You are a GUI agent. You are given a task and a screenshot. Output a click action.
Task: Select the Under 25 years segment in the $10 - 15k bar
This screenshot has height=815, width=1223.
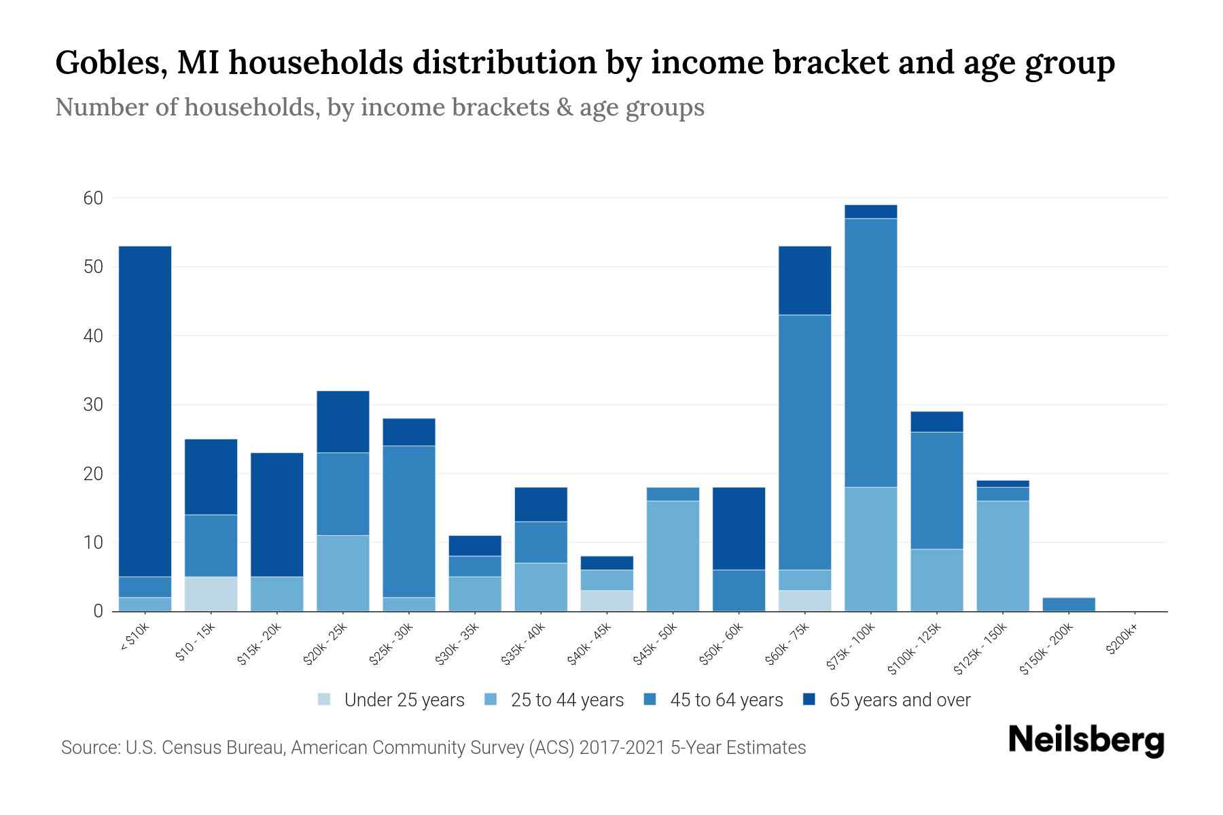211,594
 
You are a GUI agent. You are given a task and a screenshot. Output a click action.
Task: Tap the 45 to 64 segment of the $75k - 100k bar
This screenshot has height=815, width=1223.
870,352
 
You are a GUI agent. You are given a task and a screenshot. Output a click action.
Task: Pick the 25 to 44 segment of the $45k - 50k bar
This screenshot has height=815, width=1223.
673,556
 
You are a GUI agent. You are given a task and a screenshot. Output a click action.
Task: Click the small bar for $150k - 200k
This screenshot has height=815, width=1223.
1068,604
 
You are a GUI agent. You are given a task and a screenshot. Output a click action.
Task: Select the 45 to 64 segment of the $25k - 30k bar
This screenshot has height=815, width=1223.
409,521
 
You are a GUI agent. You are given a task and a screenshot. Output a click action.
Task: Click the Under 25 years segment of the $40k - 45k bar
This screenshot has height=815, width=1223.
607,600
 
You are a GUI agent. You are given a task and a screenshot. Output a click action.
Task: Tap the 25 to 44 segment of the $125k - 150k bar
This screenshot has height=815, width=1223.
1002,556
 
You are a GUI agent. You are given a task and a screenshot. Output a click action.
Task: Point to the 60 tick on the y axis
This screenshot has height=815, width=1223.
93,198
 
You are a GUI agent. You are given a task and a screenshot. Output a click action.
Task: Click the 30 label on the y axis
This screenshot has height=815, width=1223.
93,405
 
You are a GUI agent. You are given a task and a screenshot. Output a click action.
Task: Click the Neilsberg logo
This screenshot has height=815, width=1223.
1086,740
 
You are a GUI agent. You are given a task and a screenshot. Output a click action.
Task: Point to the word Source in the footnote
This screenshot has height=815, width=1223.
89,748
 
